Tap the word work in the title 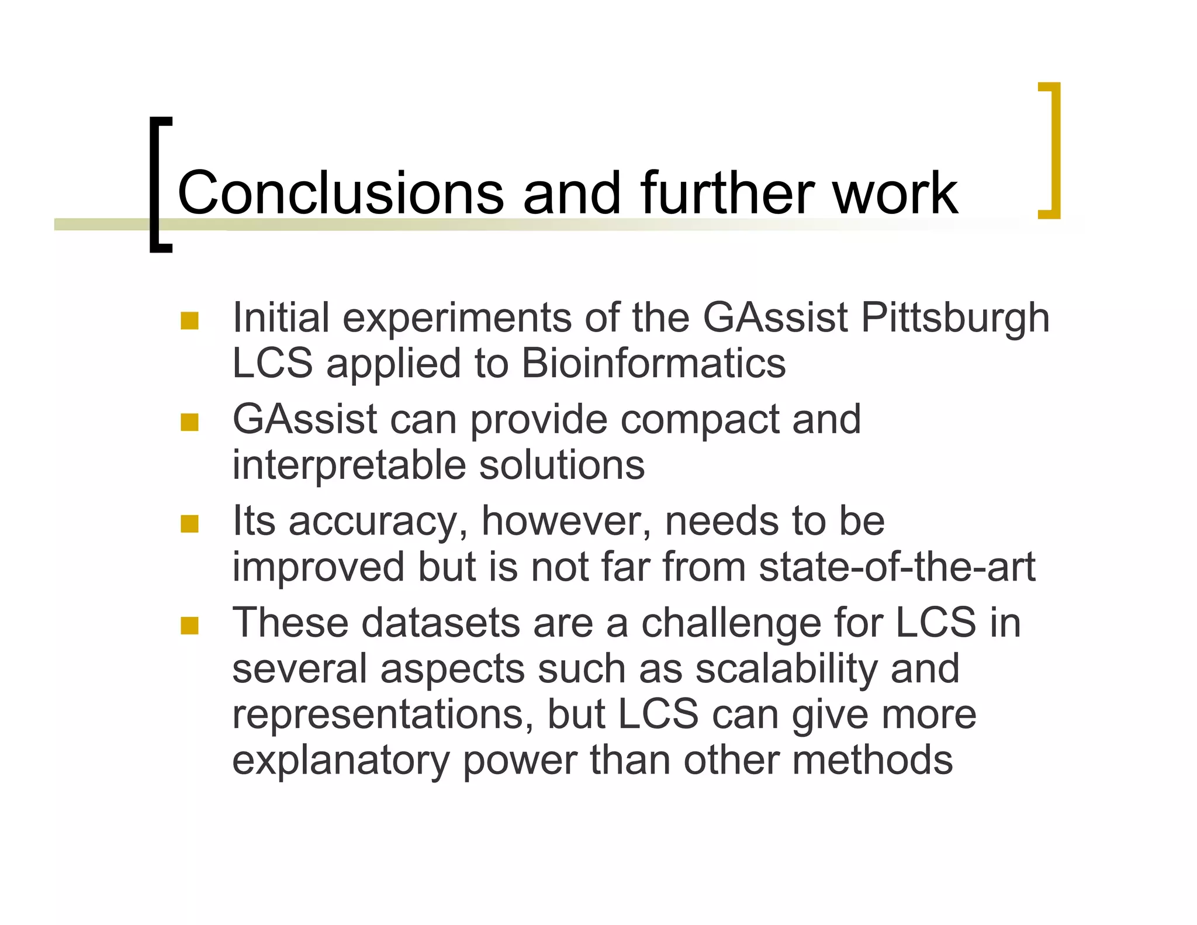point(895,192)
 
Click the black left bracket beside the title point(157,184)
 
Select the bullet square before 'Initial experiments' point(189,320)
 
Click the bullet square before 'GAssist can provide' point(189,422)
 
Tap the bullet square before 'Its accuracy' point(189,523)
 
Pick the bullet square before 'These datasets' point(189,626)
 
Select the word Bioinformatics point(653,364)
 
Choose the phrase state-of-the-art point(897,567)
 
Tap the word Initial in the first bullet point(281,319)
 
